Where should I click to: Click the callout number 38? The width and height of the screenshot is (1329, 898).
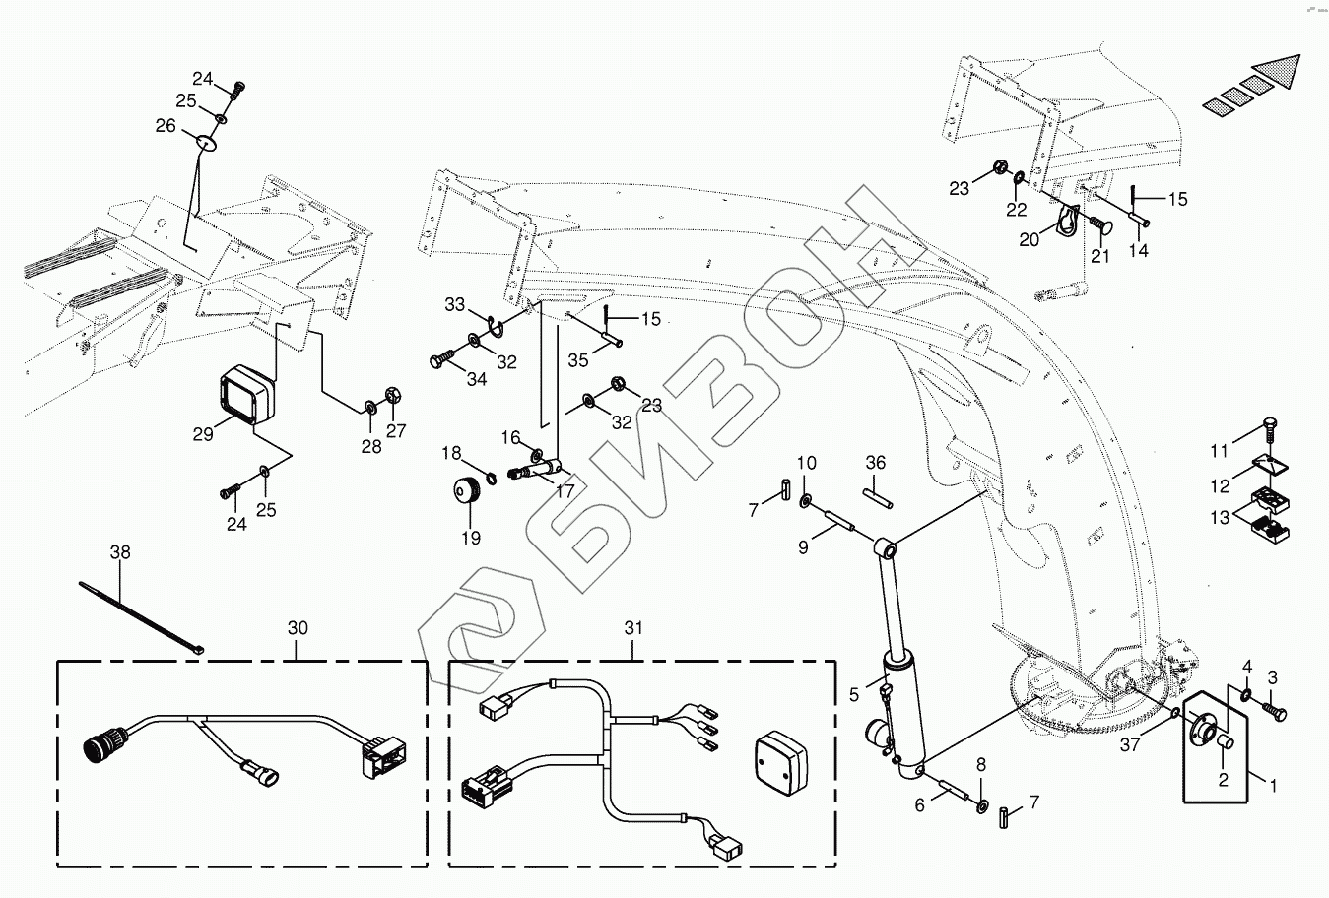tap(119, 553)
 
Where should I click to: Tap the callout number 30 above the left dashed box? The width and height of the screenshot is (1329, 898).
tap(298, 628)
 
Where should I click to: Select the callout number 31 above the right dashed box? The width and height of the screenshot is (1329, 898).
tap(632, 628)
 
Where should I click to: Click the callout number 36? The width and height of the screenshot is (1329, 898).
tap(876, 463)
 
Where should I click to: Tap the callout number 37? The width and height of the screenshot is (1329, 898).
tap(1130, 745)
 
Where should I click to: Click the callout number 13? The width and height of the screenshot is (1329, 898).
tap(1220, 518)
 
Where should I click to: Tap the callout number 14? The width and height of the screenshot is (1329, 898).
tap(1138, 251)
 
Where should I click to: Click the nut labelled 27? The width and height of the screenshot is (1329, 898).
tap(390, 397)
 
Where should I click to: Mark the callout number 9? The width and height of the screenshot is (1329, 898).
tap(803, 546)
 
